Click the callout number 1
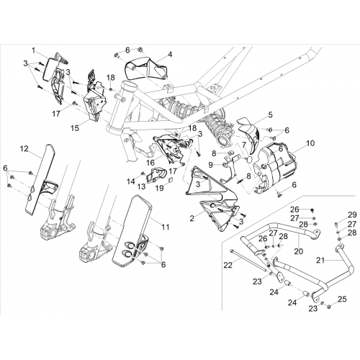coord(33,50)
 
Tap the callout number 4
coord(170,55)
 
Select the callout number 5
coord(271,114)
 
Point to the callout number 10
coord(310,143)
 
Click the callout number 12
coord(24,149)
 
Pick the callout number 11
coord(166,227)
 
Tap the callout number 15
coord(75,128)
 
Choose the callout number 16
coord(150,163)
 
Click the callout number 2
coord(192,218)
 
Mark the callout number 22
coord(228,265)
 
